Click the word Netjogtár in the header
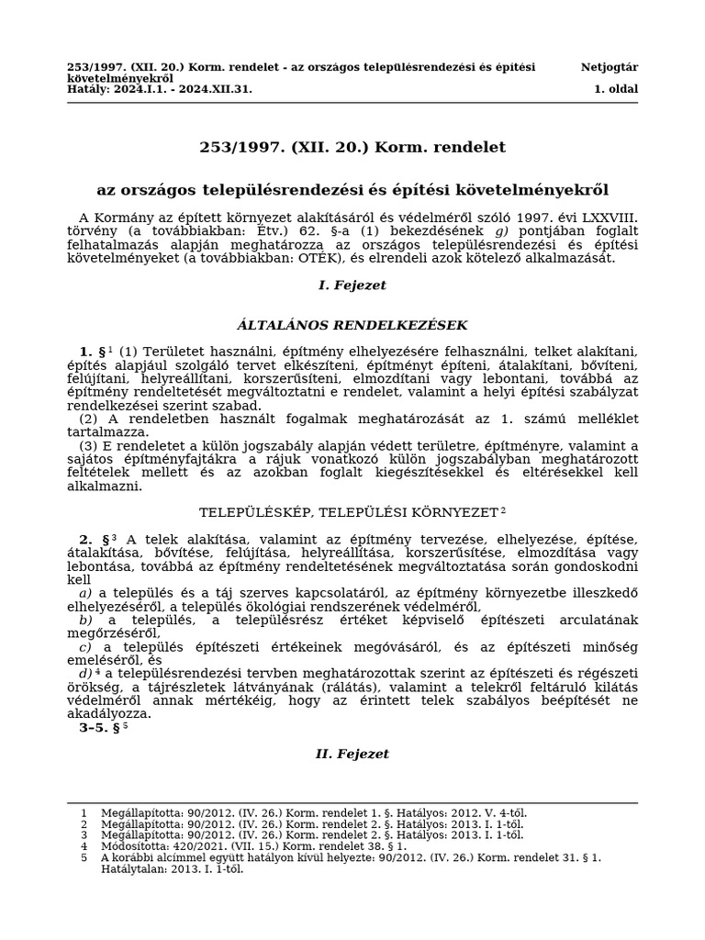[x=609, y=67]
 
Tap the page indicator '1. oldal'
[x=616, y=89]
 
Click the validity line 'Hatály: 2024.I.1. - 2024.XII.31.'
[x=160, y=89]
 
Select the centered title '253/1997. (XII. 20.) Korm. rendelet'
[x=352, y=147]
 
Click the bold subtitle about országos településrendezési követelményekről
[x=352, y=190]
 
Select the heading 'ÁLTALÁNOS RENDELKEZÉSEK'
[x=352, y=325]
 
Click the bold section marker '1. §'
[x=91, y=352]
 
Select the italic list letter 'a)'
[x=85, y=593]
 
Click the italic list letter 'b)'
[x=85, y=620]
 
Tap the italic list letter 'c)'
[x=85, y=646]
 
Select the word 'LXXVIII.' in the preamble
[x=608, y=218]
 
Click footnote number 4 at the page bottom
[x=84, y=846]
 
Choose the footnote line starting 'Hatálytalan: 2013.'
[x=173, y=868]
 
